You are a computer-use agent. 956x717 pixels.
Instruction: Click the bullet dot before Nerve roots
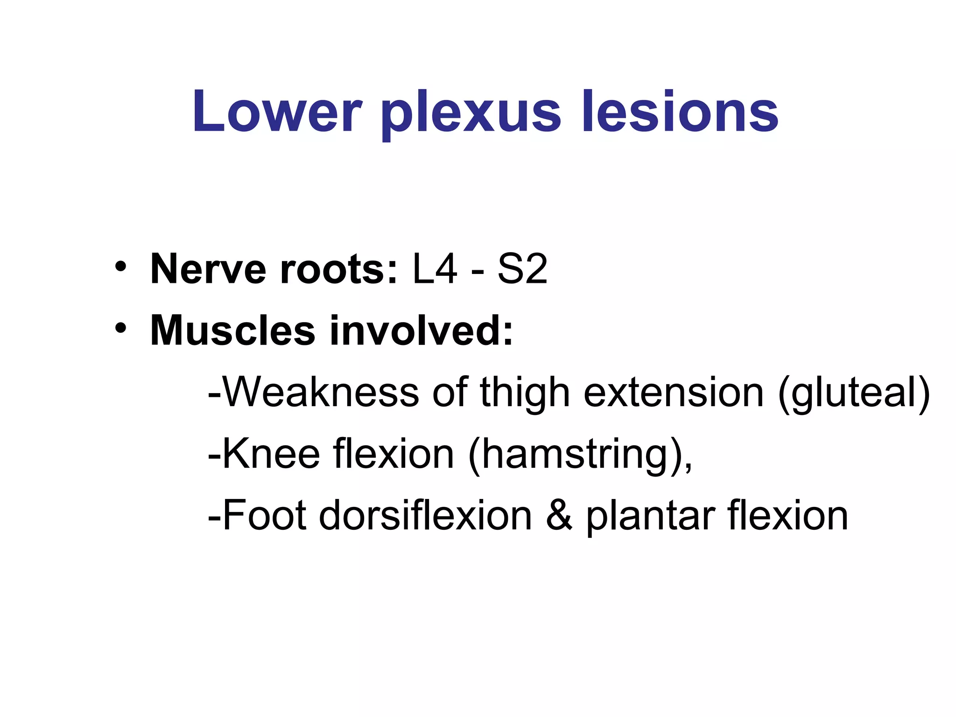click(120, 267)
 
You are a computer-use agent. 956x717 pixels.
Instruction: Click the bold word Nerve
click(208, 269)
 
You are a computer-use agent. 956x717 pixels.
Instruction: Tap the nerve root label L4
click(435, 269)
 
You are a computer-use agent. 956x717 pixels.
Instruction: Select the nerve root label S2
click(522, 269)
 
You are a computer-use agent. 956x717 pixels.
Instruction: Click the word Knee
click(271, 454)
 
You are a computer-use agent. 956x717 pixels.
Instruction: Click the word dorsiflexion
click(425, 515)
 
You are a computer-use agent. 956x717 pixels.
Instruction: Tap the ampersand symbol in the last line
click(559, 515)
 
